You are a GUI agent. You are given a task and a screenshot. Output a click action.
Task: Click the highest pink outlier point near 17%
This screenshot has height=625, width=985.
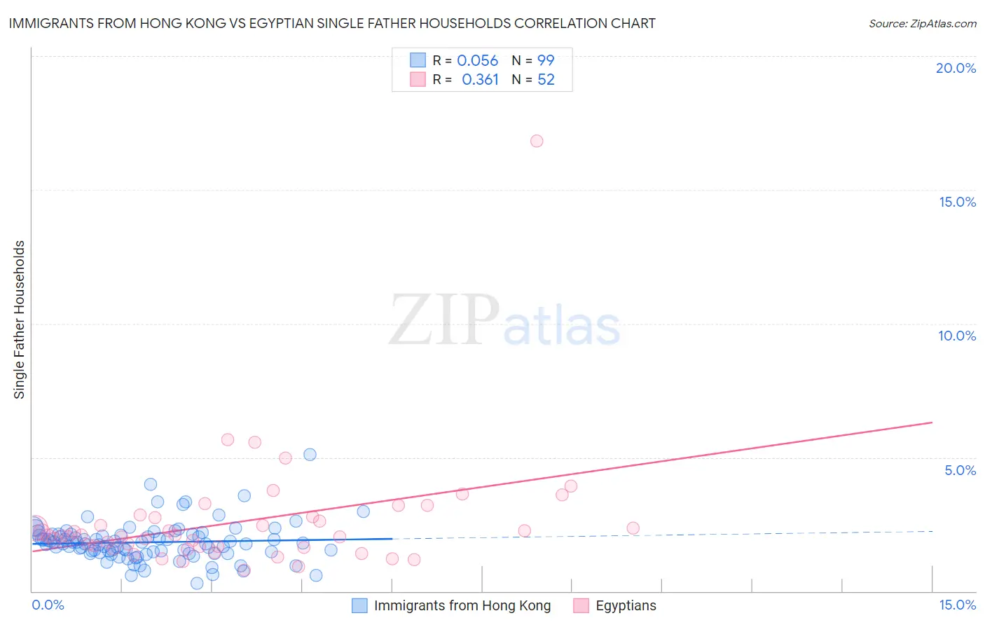point(537,141)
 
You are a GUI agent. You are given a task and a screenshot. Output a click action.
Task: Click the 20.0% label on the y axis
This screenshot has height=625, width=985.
point(956,68)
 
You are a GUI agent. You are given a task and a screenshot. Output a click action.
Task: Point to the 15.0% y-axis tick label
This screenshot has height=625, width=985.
point(957,202)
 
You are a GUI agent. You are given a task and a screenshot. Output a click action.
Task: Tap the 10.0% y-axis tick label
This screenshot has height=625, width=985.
point(957,336)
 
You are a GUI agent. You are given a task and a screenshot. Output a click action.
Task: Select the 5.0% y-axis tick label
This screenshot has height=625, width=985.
point(960,470)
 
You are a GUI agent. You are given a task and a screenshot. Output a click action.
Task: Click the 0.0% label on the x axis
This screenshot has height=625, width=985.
point(48,605)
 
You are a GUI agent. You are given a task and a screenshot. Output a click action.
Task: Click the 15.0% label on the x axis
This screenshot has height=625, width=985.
point(957,605)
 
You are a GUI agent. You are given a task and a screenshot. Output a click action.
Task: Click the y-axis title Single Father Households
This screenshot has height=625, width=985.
point(19,320)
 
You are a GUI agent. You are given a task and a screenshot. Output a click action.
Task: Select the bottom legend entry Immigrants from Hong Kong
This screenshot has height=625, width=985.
point(462,606)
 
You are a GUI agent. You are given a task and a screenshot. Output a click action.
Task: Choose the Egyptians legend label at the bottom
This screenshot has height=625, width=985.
point(626,606)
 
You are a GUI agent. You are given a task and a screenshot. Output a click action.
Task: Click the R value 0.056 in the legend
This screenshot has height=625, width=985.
point(477,61)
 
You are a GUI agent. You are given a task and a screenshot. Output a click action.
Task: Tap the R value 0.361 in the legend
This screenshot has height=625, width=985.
point(480,80)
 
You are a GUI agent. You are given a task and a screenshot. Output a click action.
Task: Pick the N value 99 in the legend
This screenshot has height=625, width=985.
point(546,61)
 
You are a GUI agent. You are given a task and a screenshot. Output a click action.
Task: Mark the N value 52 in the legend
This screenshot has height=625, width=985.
point(546,80)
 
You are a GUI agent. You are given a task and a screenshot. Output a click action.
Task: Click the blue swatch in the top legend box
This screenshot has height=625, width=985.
point(418,60)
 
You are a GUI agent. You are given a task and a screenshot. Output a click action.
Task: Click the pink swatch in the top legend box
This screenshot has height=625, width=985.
point(418,79)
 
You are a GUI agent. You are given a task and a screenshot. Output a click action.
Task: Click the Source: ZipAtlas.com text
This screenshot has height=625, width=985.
point(922,24)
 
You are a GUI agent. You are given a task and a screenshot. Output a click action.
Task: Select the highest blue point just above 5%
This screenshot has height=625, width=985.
point(310,455)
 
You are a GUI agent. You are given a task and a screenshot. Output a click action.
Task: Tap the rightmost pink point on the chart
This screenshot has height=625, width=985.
point(633,528)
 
